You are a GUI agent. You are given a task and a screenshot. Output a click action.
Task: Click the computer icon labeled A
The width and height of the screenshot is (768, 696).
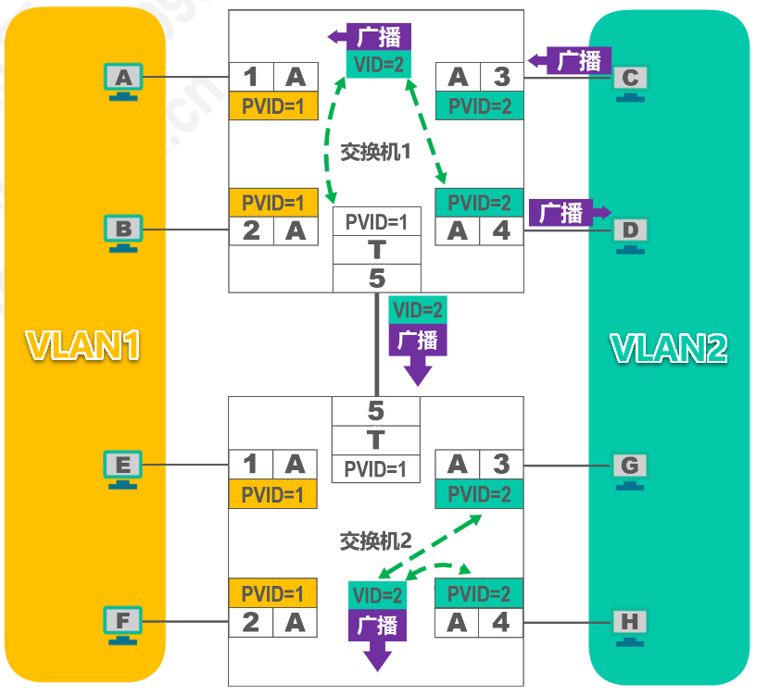pos(124,80)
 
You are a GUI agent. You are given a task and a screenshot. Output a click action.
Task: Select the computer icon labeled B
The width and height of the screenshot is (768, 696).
pos(124,230)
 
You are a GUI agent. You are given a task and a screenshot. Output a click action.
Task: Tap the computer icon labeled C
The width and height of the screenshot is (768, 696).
pos(630,81)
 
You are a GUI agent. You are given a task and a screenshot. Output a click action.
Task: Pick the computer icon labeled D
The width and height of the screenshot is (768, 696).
pos(630,231)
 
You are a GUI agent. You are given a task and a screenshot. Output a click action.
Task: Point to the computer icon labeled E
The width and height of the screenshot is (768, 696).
pos(124,467)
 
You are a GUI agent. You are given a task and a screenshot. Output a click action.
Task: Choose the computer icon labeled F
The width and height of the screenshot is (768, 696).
pos(124,623)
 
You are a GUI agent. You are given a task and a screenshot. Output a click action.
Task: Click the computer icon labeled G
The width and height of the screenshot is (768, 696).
pos(630,467)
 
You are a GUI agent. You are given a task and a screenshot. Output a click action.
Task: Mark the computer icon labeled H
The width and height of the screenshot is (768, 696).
pos(630,623)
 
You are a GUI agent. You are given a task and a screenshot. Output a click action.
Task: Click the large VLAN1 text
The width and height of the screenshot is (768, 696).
pos(83,345)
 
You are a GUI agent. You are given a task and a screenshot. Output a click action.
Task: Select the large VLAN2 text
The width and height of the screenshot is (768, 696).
pos(669,347)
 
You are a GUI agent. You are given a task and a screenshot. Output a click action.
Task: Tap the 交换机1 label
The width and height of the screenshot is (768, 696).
pos(375,152)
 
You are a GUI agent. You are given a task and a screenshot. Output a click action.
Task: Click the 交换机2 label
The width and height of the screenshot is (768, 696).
pos(375,541)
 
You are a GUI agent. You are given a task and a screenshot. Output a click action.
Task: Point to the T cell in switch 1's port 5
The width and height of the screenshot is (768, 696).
pos(376,250)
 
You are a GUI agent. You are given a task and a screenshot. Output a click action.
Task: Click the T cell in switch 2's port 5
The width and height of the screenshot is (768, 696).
pos(376,441)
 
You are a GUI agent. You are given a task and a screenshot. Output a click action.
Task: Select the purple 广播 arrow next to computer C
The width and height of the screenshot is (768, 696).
pos(566,61)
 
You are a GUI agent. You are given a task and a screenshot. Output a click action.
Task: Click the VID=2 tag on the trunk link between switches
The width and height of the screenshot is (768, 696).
pos(418,310)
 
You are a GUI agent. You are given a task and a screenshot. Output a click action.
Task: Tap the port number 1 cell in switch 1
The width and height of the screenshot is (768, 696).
pos(251,77)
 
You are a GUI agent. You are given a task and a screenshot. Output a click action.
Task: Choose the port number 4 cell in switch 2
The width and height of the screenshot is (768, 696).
pos(501,623)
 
